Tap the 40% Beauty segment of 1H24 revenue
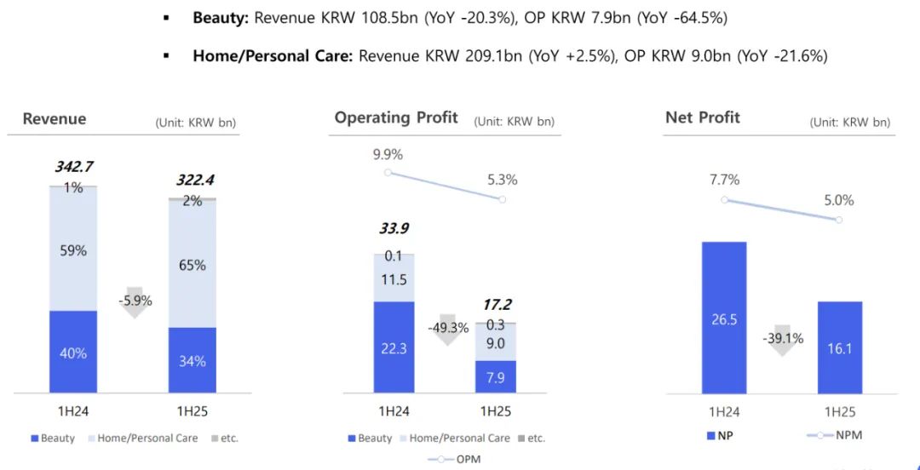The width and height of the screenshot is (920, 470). coord(72,352)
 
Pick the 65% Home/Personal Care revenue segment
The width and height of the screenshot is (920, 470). coord(192,264)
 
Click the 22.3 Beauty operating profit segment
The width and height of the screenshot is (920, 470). coord(394,347)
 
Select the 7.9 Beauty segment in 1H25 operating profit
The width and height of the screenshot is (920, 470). coord(495,376)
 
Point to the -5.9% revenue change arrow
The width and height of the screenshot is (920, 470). coord(134,302)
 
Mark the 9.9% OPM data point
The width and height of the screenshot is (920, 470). coord(388,172)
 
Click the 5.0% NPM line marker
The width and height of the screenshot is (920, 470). coord(839,220)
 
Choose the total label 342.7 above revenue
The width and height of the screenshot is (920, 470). coord(73,167)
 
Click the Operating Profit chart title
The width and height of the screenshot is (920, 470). coord(396,117)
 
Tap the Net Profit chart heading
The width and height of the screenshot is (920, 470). coord(703,117)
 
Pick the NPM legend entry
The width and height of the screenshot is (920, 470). coord(834,436)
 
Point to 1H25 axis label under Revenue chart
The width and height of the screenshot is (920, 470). coord(192,410)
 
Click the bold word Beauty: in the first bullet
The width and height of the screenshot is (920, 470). coord(221,18)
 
